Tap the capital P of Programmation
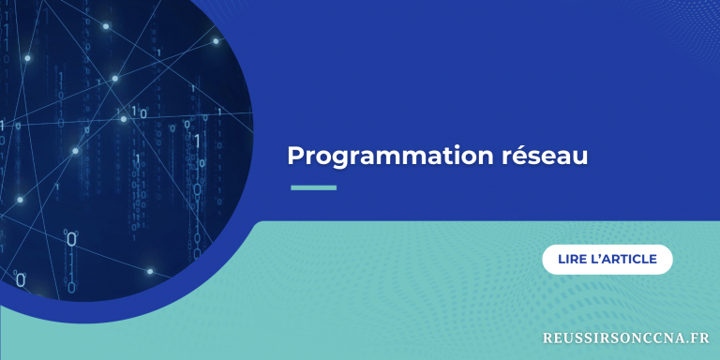point(294,155)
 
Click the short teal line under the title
point(313,187)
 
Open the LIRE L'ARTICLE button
point(607,260)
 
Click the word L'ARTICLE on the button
point(624,260)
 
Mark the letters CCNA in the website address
point(660,337)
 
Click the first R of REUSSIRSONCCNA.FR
point(547,337)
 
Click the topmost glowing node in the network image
point(106,26)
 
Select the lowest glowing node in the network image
point(150,272)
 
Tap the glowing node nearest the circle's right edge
point(217,40)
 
